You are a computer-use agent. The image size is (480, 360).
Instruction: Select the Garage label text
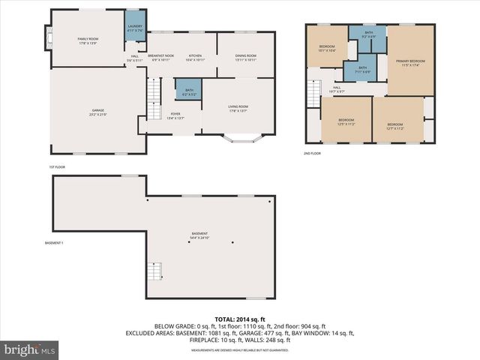point(99,112)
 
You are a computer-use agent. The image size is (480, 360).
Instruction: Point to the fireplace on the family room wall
point(49,37)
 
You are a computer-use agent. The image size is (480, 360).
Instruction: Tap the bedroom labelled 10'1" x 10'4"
point(327,49)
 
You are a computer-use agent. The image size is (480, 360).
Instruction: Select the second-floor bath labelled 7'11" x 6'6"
point(362,70)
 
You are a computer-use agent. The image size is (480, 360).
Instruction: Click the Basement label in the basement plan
point(199,235)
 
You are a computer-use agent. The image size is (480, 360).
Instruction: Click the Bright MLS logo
point(30,349)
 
